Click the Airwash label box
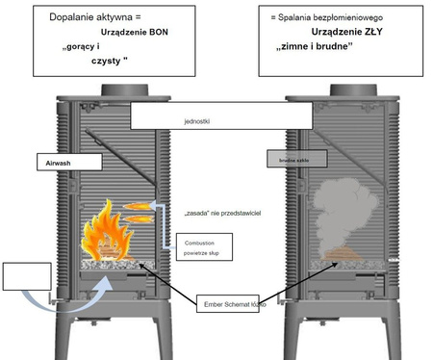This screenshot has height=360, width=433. pos(63,164)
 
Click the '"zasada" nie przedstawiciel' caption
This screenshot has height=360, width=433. pos(221,209)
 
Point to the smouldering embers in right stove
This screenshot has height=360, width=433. pos(341,255)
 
